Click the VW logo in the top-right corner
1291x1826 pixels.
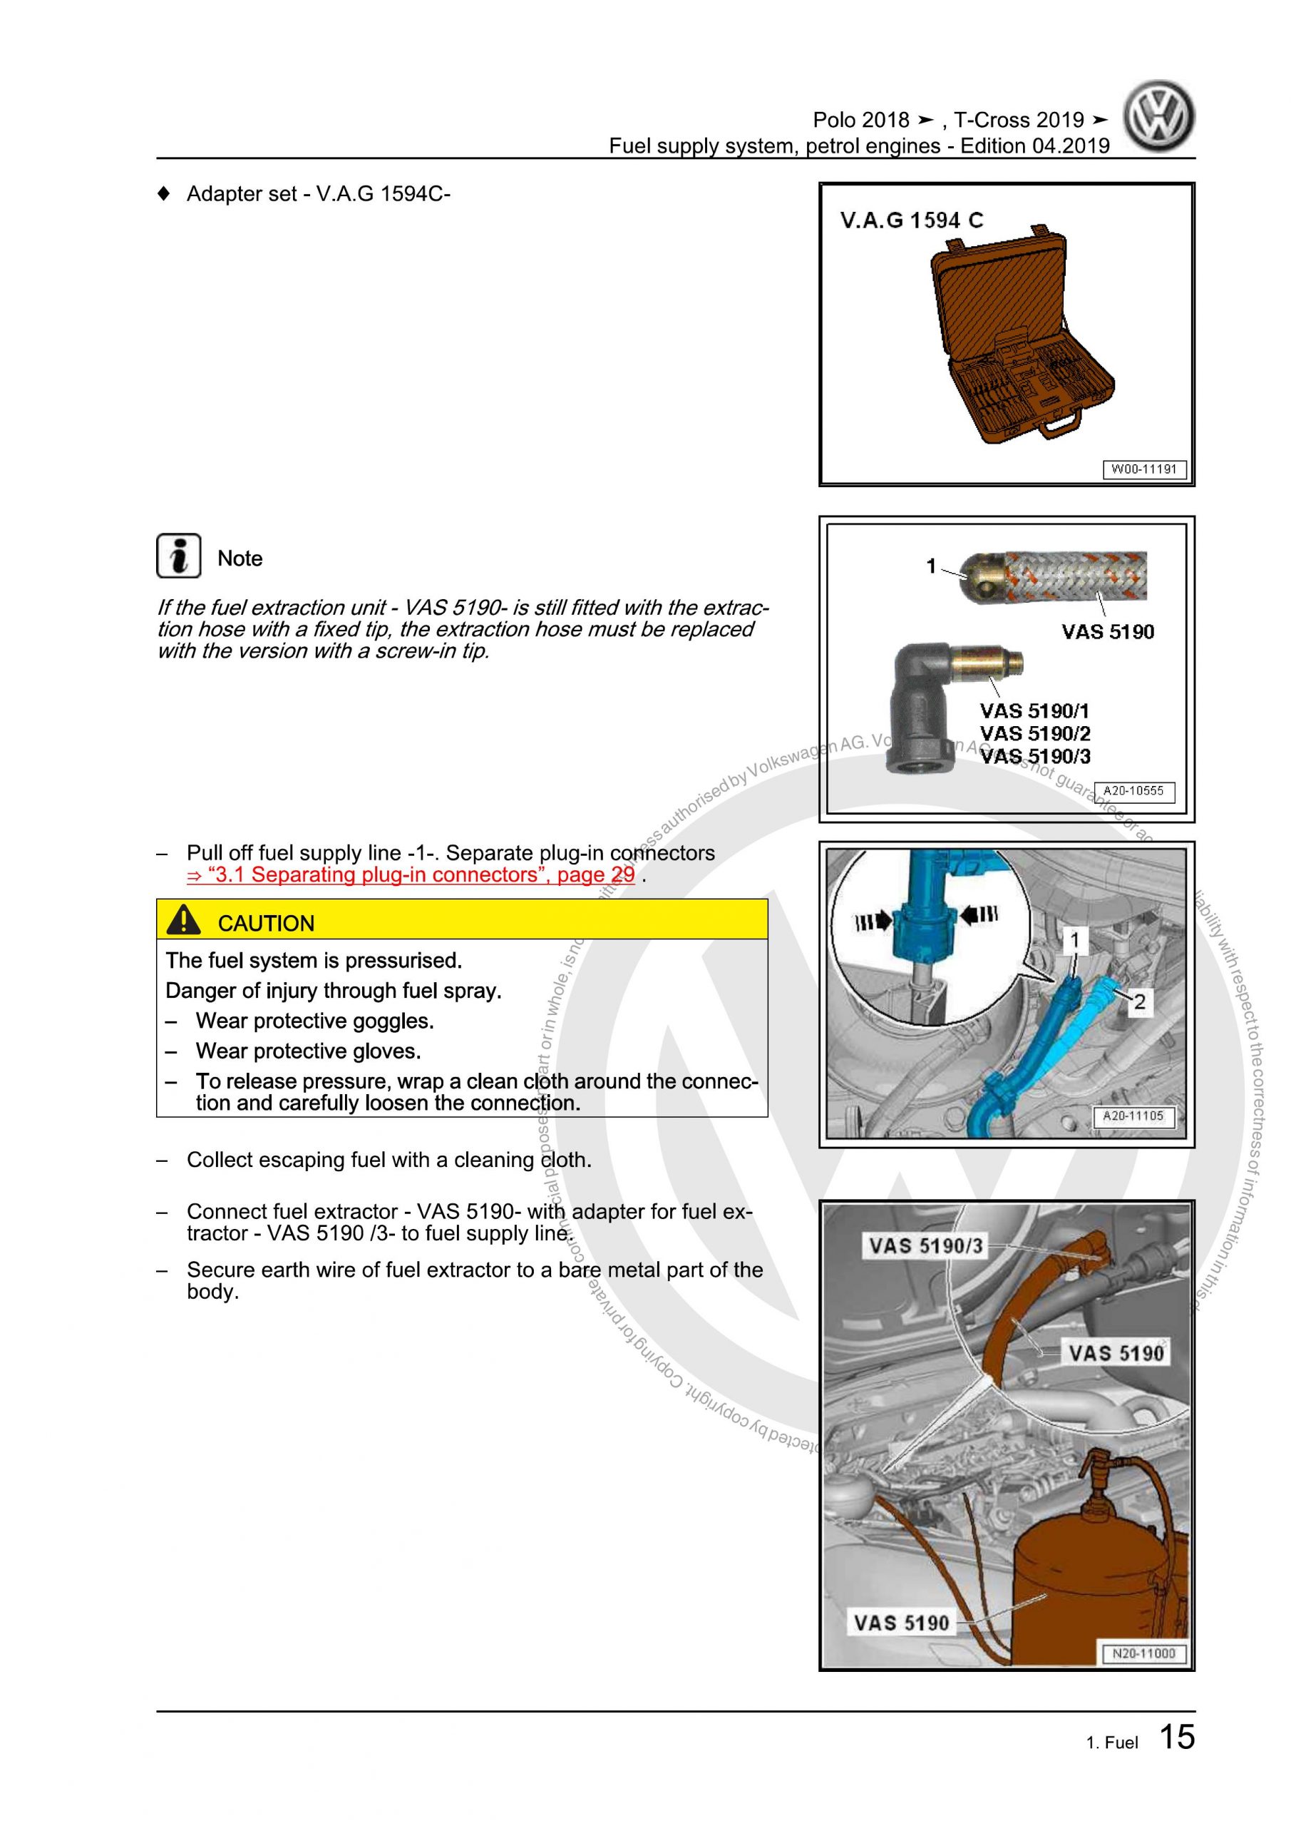coord(1158,117)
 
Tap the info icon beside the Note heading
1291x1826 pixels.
coord(178,556)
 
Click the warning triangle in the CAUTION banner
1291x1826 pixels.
coord(184,920)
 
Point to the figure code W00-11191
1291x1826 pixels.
coord(1143,469)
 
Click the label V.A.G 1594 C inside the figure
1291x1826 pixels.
coord(911,220)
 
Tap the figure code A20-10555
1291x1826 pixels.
coord(1133,790)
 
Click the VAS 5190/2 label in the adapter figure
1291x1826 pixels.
coord(1034,733)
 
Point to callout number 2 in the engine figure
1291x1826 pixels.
coord(1139,1002)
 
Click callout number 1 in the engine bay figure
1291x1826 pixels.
coord(1075,941)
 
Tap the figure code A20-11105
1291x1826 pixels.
coord(1133,1116)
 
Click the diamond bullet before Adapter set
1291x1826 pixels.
coord(164,193)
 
